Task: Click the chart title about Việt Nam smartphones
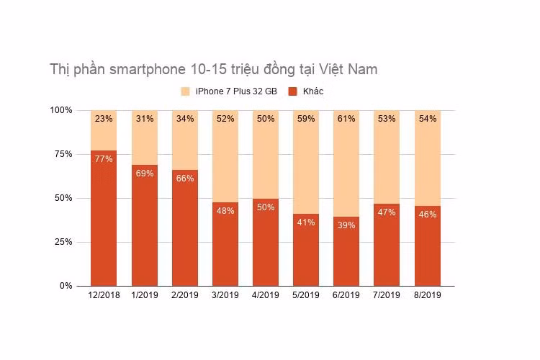tap(213, 70)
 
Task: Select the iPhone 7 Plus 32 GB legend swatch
tap(185, 91)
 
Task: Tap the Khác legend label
tap(313, 91)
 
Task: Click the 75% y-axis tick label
tap(63, 154)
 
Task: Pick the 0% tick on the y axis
tap(66, 286)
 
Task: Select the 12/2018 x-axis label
tap(103, 296)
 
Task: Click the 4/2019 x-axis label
tap(265, 296)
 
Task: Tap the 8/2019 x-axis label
tap(427, 296)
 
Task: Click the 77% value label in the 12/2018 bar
tap(104, 159)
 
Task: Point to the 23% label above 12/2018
tap(104, 119)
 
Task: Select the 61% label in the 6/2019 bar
tap(346, 119)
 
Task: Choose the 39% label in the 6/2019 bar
tap(346, 225)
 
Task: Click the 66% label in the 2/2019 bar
tap(184, 179)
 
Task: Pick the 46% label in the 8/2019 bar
tap(427, 214)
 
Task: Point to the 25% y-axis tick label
tap(63, 242)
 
